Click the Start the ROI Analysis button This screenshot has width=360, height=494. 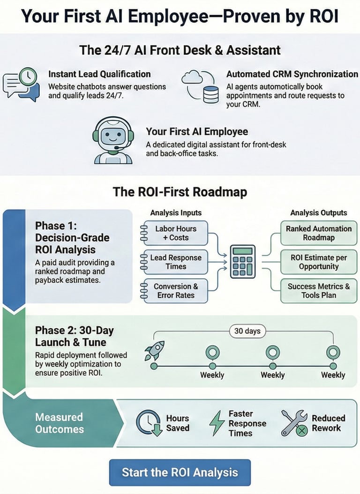click(x=180, y=472)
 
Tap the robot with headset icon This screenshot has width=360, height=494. click(x=113, y=140)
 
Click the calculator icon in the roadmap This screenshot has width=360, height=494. click(x=243, y=261)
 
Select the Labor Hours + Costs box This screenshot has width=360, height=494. click(x=175, y=233)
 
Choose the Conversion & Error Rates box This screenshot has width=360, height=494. click(x=175, y=291)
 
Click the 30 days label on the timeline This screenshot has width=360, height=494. click(x=247, y=331)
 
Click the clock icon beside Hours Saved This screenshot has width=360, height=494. click(x=149, y=423)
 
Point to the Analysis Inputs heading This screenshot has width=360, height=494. click(x=176, y=213)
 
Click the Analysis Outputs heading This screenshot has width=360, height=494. click(x=319, y=213)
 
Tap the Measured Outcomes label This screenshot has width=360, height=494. click(x=59, y=423)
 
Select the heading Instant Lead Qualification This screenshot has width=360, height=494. click(x=99, y=74)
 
